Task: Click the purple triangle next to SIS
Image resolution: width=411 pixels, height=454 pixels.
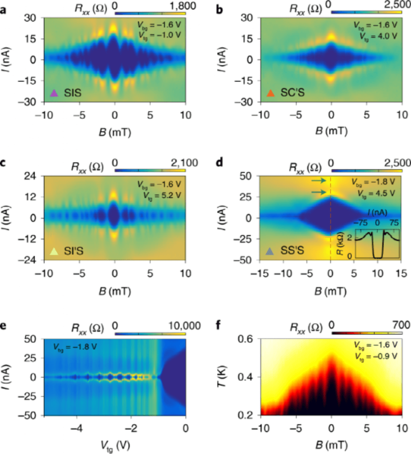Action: [x=54, y=92]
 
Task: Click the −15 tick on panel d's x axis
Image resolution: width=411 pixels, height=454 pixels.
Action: [x=259, y=272]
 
